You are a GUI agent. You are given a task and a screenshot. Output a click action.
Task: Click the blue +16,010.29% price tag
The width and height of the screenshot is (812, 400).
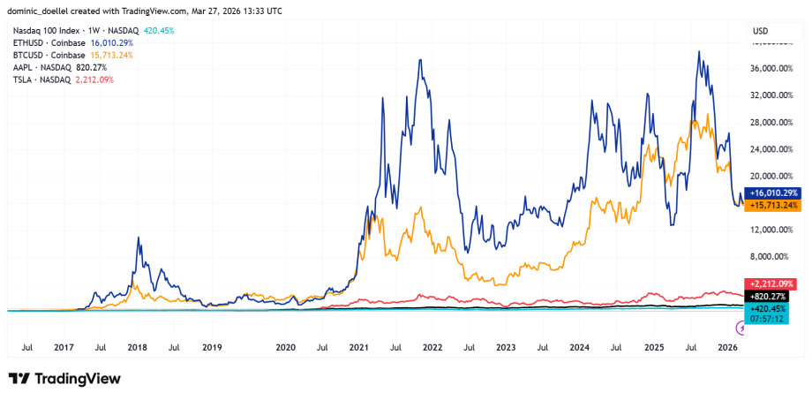click(x=772, y=192)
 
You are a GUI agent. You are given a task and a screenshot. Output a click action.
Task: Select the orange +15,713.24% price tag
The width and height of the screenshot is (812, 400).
click(x=772, y=205)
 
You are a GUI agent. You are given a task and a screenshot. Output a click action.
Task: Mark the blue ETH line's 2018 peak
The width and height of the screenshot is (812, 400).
click(x=138, y=238)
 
